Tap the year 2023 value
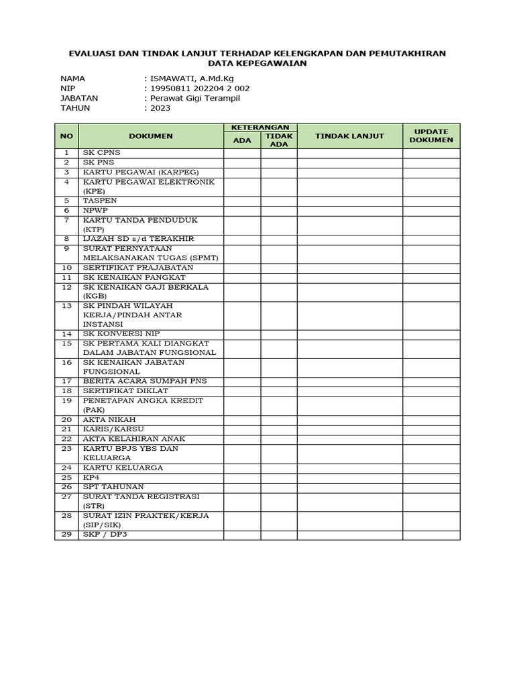pyautogui.click(x=160, y=107)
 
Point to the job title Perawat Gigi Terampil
pyautogui.click(x=194, y=98)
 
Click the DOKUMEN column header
pyautogui.click(x=151, y=136)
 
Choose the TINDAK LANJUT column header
pyautogui.click(x=349, y=136)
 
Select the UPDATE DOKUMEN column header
pyautogui.click(x=431, y=136)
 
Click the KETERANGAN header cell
pyautogui.click(x=260, y=127)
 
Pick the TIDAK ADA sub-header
pyautogui.click(x=278, y=140)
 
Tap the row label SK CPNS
pyautogui.click(x=102, y=153)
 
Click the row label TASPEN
pyautogui.click(x=100, y=201)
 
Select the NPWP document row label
pyautogui.click(x=95, y=210)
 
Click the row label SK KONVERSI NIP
pyautogui.click(x=122, y=333)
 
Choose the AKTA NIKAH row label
pyautogui.click(x=106, y=419)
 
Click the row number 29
pyautogui.click(x=66, y=535)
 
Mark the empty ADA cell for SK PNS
pyautogui.click(x=242, y=162)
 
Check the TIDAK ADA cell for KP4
pyautogui.click(x=278, y=477)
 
